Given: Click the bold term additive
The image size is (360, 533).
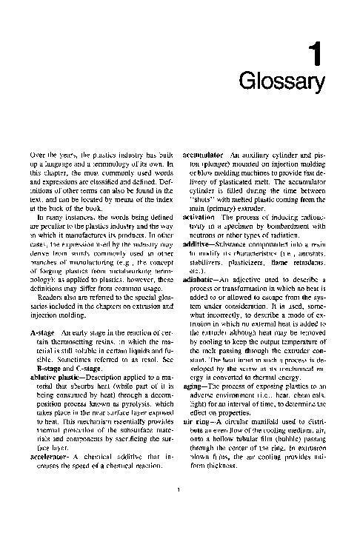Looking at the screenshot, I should [197, 243].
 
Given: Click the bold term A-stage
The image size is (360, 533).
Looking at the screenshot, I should [42, 333].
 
